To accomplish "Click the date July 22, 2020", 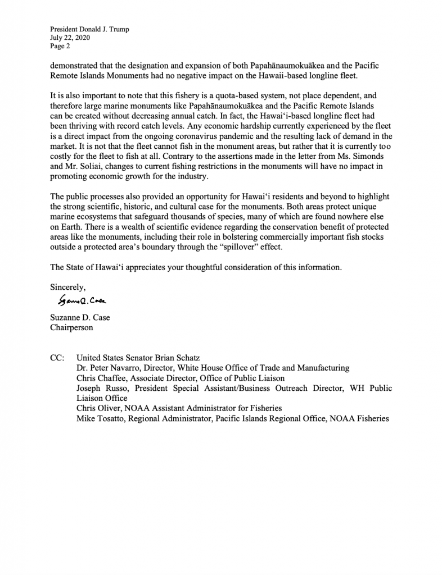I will (x=70, y=38).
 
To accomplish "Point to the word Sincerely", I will (x=67, y=287).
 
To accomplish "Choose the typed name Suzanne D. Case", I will (x=80, y=318).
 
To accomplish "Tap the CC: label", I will (x=57, y=358).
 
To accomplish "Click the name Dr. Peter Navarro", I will (x=108, y=368).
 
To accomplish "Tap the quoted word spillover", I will (x=269, y=247).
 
